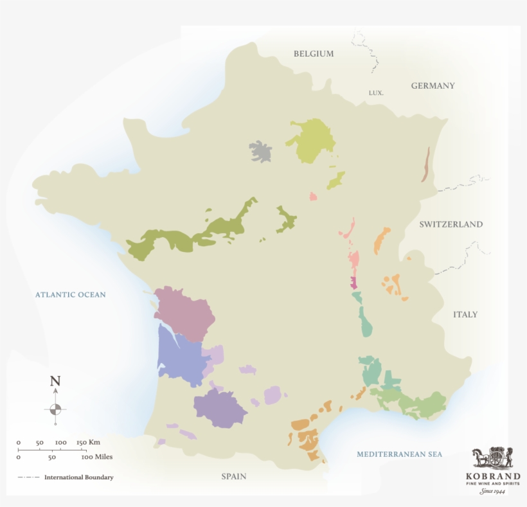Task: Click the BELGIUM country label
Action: coord(314,54)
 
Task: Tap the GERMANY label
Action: coord(433,86)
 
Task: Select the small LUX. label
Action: coord(376,93)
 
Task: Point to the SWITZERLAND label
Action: coord(451,225)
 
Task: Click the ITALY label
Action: coord(465,315)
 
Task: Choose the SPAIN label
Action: coord(233,477)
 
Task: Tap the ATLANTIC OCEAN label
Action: coord(70,295)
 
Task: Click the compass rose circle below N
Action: coord(55,409)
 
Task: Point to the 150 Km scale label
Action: coord(88,443)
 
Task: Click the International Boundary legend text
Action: coord(78,477)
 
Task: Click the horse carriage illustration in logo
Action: coord(493,458)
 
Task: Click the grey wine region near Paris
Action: coord(260,152)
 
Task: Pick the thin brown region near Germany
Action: coord(425,164)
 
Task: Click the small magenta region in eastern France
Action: coord(353,283)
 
